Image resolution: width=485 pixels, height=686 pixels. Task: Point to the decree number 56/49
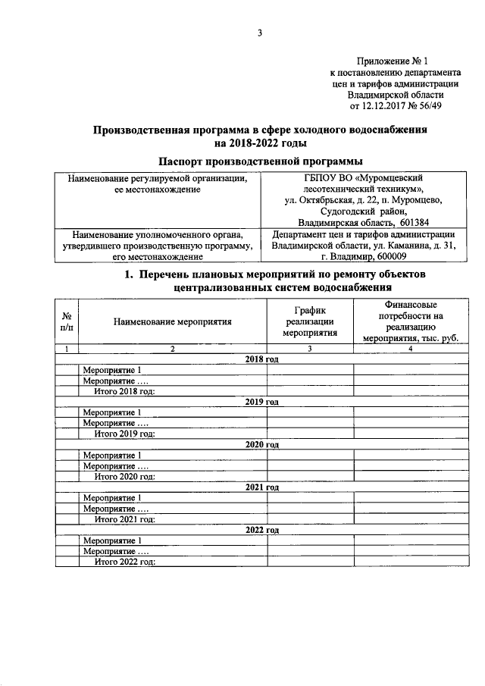click(440, 106)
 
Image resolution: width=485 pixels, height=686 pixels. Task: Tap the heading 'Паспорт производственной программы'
click(259, 161)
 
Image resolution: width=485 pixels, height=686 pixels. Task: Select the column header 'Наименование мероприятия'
click(172, 321)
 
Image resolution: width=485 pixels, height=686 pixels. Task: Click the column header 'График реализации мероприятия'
click(309, 321)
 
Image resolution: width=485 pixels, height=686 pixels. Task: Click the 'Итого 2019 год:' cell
click(124, 434)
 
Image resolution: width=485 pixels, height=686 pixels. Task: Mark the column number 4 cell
click(410, 349)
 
